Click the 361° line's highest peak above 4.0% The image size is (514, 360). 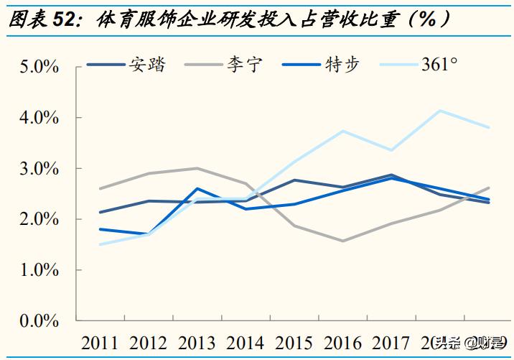(x=439, y=111)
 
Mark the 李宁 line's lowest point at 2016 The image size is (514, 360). (x=343, y=241)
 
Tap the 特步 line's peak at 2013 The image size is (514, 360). (x=197, y=188)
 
